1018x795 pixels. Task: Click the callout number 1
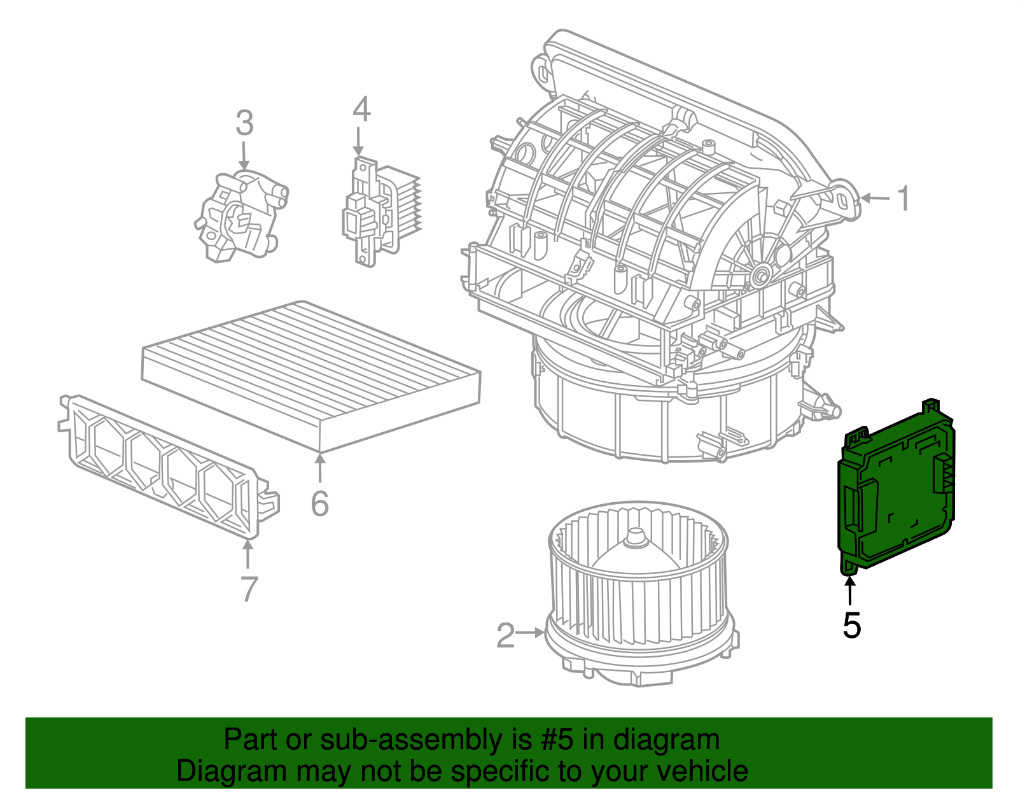[903, 199]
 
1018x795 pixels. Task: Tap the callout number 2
[505, 635]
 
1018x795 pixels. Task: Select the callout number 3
[244, 123]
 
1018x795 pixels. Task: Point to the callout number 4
[361, 109]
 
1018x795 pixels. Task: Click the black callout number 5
[851, 625]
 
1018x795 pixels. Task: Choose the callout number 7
[249, 589]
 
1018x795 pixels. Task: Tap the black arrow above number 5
[850, 589]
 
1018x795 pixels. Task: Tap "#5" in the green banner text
[558, 740]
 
